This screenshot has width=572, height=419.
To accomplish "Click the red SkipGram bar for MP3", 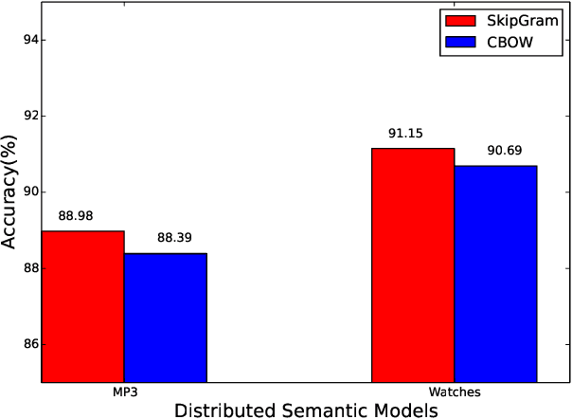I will pyautogui.click(x=83, y=306).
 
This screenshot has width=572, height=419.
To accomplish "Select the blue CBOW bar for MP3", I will pyautogui.click(x=165, y=318).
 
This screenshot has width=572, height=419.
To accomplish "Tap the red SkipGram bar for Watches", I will pyautogui.click(x=413, y=265).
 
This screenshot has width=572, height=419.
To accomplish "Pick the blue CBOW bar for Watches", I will pyautogui.click(x=495, y=274).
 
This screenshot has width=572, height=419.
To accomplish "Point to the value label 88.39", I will pyautogui.click(x=166, y=239).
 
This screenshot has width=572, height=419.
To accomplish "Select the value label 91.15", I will pyautogui.click(x=413, y=134).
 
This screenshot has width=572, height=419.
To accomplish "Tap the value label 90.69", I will pyautogui.click(x=495, y=152).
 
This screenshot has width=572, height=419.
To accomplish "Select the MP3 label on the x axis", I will pyautogui.click(x=124, y=392).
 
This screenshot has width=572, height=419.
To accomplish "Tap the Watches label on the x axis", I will pyautogui.click(x=455, y=392).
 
